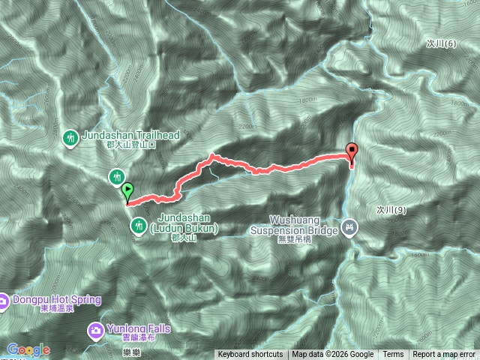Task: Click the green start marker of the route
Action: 127,192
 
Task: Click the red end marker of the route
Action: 352,152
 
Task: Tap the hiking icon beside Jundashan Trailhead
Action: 71,137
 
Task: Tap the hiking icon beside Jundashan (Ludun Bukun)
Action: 139,225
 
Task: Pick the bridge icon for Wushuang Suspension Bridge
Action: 349,226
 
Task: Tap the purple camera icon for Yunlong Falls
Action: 96,328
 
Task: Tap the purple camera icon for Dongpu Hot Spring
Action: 3,301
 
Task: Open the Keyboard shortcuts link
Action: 250,355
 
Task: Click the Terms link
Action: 393,355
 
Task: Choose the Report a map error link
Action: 444,355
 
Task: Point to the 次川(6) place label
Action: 439,44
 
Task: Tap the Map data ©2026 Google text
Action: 333,355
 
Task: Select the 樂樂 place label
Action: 111,351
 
